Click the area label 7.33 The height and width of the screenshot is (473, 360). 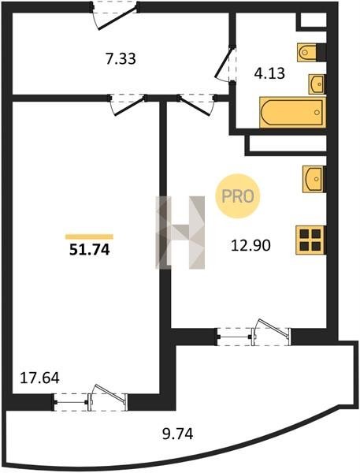[121, 59]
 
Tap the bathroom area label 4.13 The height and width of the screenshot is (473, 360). [269, 73]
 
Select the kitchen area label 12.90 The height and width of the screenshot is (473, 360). [251, 245]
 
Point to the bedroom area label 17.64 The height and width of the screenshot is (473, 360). [39, 378]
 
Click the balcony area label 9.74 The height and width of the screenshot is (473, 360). [178, 434]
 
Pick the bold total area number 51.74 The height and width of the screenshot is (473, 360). [90, 250]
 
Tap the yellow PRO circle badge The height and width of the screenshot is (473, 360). [238, 196]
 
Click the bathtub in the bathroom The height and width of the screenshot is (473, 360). [293, 112]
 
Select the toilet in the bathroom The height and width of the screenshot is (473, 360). [308, 53]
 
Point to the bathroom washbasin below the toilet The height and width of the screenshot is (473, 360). [317, 84]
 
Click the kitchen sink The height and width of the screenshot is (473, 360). [314, 179]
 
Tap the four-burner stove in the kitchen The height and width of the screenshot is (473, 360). [310, 240]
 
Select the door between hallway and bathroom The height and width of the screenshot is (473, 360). [226, 63]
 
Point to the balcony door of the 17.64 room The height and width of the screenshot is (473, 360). [91, 398]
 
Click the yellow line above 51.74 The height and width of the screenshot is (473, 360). [89, 236]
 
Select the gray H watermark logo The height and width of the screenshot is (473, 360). [180, 233]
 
